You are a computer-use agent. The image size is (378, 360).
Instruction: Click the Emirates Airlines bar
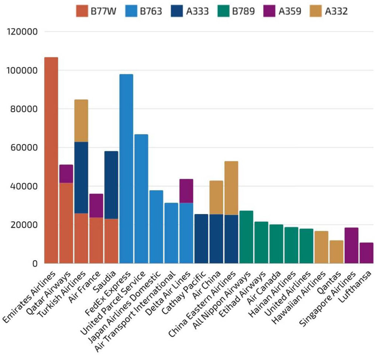click(x=51, y=160)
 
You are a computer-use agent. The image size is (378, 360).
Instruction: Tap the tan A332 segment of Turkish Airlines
click(x=81, y=121)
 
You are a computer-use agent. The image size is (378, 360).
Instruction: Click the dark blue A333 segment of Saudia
click(x=111, y=185)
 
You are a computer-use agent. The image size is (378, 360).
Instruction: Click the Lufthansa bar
click(x=366, y=253)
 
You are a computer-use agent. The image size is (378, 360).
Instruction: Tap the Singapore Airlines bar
click(x=351, y=246)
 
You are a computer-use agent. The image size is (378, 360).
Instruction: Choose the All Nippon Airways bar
click(x=246, y=237)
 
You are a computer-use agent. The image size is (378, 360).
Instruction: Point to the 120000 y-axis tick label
click(x=23, y=32)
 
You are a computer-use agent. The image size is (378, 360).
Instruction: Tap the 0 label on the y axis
click(x=35, y=264)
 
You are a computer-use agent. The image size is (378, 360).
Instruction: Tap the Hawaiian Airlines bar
click(x=321, y=247)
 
